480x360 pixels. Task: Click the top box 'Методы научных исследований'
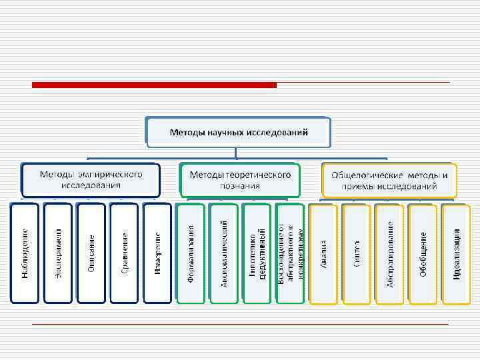coord(239,132)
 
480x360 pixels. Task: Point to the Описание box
coord(91,253)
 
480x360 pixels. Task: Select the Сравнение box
coord(125,253)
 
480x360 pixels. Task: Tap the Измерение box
coord(158,253)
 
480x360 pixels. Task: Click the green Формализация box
coord(191,253)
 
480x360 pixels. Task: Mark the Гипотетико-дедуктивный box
coord(257,253)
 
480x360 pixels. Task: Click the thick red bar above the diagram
coord(154,85)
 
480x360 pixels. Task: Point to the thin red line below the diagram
coord(240,324)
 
